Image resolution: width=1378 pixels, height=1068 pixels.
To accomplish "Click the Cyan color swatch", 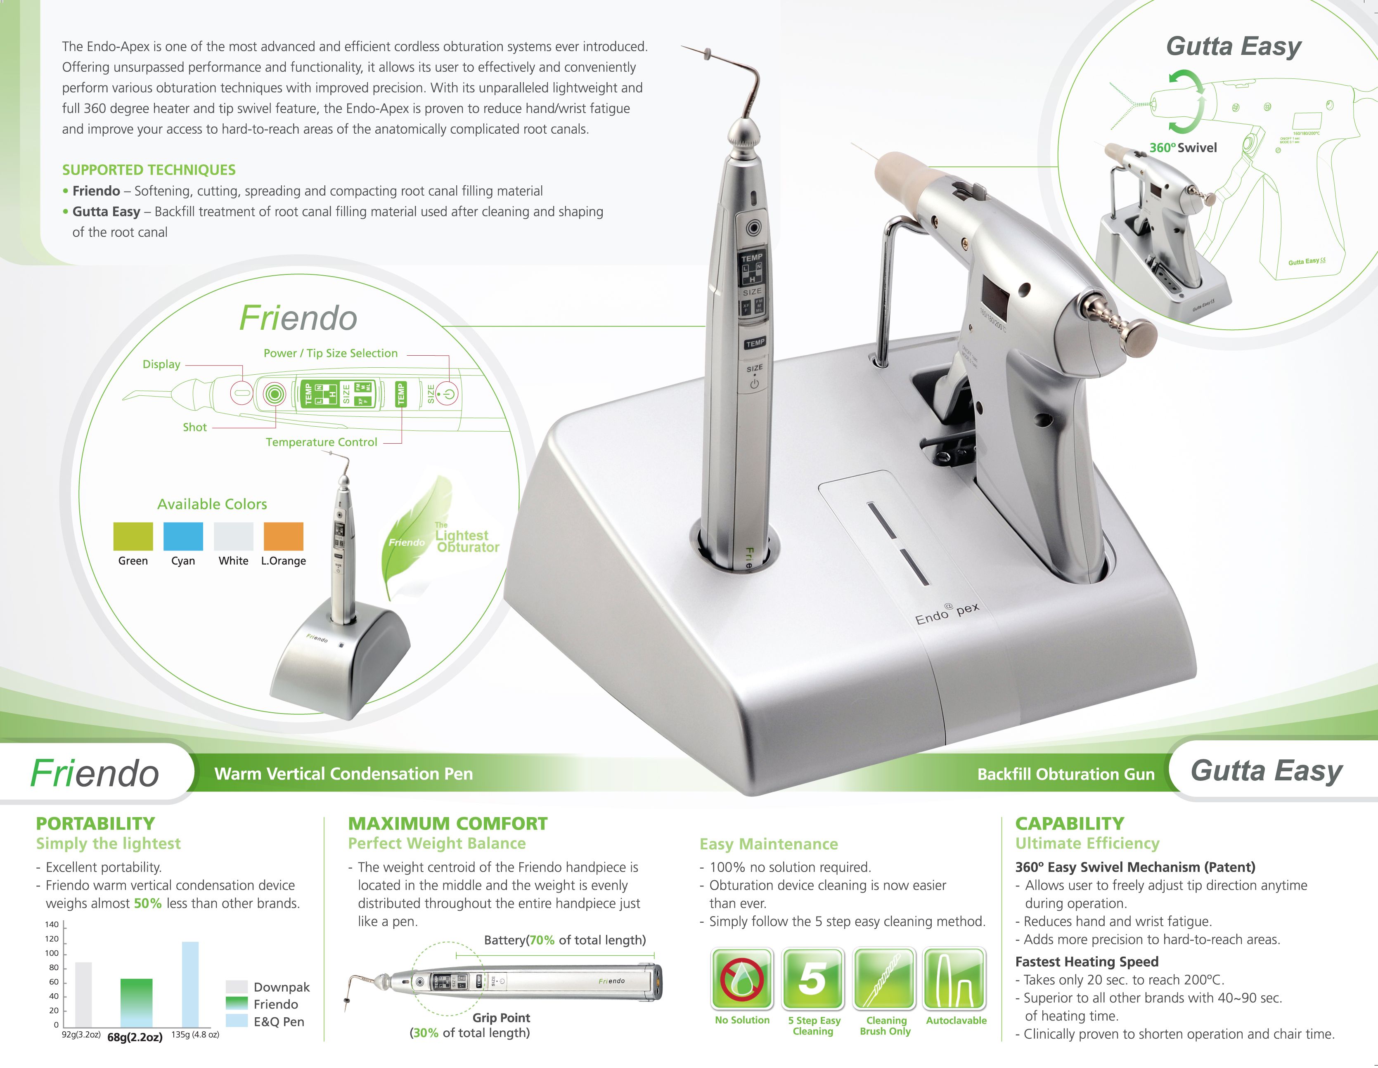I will (x=183, y=536).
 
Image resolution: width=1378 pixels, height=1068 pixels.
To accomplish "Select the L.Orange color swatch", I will (x=283, y=536).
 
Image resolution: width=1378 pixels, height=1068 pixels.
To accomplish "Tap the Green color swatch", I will (x=133, y=536).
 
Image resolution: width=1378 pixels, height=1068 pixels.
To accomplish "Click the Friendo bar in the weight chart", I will (x=136, y=1002).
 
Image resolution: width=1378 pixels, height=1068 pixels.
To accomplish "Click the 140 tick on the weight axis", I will (x=52, y=924).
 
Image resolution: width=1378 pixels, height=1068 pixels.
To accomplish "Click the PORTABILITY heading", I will (x=95, y=823).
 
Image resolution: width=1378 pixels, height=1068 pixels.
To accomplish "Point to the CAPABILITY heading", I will (x=1070, y=823).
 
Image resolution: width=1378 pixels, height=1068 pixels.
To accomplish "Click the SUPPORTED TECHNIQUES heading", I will (x=149, y=170).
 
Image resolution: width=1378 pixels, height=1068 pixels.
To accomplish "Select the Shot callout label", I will (x=194, y=427).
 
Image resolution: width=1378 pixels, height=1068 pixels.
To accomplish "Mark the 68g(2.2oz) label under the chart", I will (x=135, y=1037).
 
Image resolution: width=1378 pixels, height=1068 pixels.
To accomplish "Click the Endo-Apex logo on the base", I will (x=947, y=612).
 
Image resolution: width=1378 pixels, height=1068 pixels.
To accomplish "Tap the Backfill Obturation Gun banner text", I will (x=1065, y=774).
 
